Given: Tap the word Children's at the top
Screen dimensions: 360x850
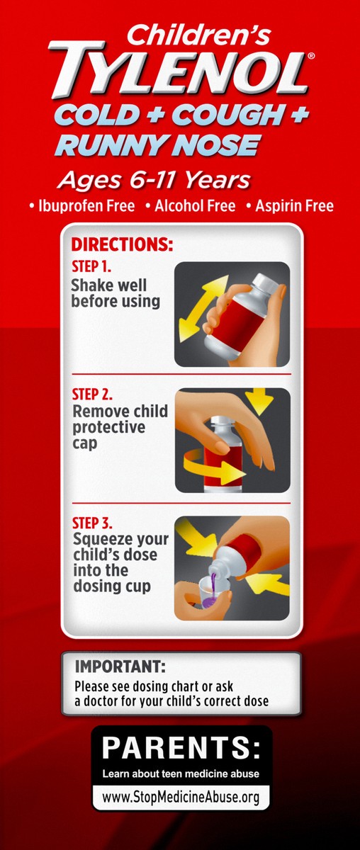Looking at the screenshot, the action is click(x=199, y=35).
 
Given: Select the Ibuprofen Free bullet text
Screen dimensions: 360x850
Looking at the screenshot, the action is click(x=82, y=206).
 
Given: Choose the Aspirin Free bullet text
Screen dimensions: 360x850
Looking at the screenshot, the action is click(x=290, y=206).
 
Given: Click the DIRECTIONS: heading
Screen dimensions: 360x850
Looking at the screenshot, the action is click(x=123, y=244).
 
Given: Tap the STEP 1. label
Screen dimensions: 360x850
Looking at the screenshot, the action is click(x=91, y=266).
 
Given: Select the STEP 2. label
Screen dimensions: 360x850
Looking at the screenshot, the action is click(x=92, y=395).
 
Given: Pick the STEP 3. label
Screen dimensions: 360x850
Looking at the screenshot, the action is click(x=92, y=523).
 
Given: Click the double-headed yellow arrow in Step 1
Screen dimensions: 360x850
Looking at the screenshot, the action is click(x=203, y=309).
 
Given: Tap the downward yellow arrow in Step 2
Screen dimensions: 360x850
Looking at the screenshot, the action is click(x=259, y=401).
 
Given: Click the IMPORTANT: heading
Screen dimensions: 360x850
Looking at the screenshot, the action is click(x=120, y=667).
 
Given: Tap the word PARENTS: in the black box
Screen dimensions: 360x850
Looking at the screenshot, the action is click(x=181, y=747).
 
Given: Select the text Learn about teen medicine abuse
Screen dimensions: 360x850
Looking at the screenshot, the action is click(x=181, y=773).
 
